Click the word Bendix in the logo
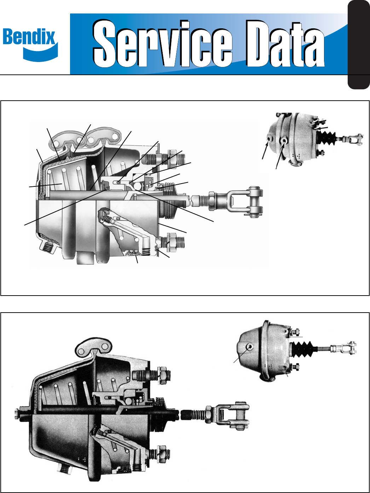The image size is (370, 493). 29,37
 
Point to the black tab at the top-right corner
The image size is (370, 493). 359,45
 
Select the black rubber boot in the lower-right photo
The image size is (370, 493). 303,349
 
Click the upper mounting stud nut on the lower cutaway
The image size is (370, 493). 162,375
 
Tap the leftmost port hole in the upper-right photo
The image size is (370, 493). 268,140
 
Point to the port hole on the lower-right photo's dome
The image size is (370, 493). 249,347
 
